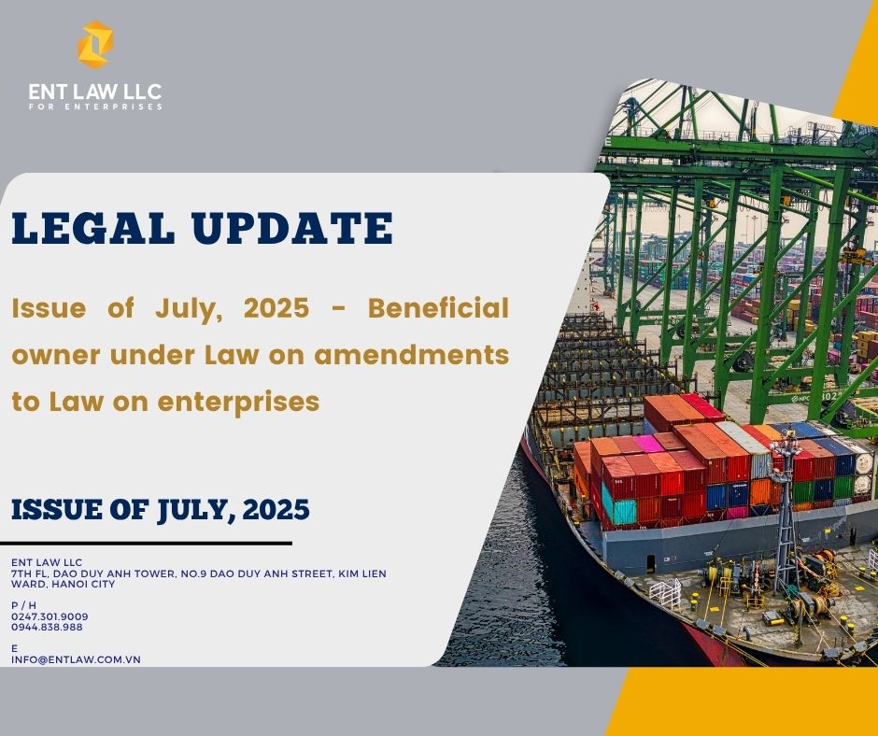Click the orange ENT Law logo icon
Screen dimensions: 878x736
95,45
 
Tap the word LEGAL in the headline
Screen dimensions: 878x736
93,228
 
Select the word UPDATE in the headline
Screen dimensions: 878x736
291,228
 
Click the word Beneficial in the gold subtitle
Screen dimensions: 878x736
438,307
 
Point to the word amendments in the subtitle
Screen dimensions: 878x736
412,355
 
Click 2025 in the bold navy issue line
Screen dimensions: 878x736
276,509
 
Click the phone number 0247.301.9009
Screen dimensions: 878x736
50,616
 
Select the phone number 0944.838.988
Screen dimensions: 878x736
47,628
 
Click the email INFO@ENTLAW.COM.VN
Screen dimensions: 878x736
77,659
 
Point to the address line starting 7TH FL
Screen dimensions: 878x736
199,573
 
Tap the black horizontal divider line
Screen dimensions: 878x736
146,543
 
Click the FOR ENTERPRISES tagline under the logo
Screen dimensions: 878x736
96,106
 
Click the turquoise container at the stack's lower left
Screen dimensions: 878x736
618,507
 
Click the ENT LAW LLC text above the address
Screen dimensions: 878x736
47,562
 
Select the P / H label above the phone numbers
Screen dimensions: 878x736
23,605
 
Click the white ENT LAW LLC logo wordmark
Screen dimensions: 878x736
95,92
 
